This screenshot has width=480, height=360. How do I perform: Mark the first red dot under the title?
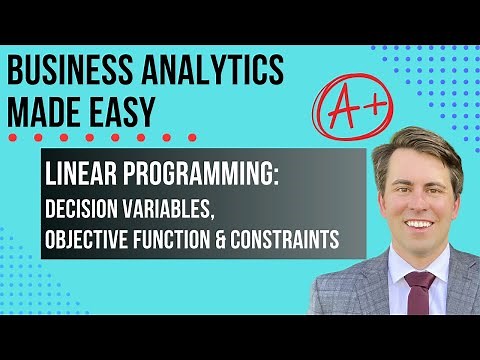click(10, 137)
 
